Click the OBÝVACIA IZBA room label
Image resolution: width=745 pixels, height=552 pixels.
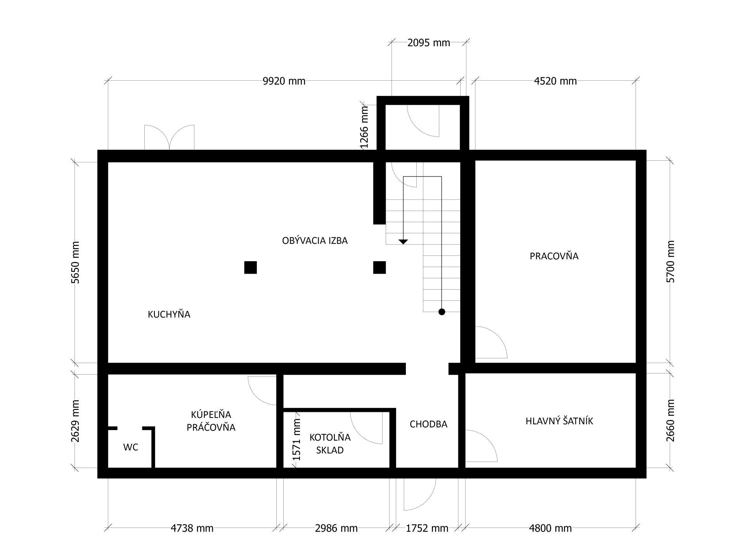[315, 241]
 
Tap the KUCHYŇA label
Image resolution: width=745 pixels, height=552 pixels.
[169, 314]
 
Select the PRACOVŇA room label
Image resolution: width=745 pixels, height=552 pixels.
[554, 256]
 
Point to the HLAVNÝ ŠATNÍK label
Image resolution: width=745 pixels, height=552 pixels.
[560, 421]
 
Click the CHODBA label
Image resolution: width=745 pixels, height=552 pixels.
[428, 424]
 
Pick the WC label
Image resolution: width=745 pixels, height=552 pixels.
[131, 447]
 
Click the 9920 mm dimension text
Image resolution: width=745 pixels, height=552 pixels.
[284, 81]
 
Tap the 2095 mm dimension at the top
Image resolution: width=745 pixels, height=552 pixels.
[429, 43]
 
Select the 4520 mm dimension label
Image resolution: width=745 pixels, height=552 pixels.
[555, 81]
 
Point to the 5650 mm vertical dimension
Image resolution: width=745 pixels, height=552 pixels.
[75, 262]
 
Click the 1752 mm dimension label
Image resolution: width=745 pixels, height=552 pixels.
[427, 528]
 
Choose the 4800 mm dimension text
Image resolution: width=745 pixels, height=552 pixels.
[550, 528]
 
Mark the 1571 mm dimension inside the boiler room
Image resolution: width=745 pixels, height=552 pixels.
[297, 439]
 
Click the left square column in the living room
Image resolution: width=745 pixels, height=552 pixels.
[250, 267]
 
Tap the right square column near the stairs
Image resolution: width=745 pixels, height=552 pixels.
[379, 267]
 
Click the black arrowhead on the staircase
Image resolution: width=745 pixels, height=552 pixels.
[404, 242]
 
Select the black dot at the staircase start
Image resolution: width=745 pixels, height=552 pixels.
[442, 311]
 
